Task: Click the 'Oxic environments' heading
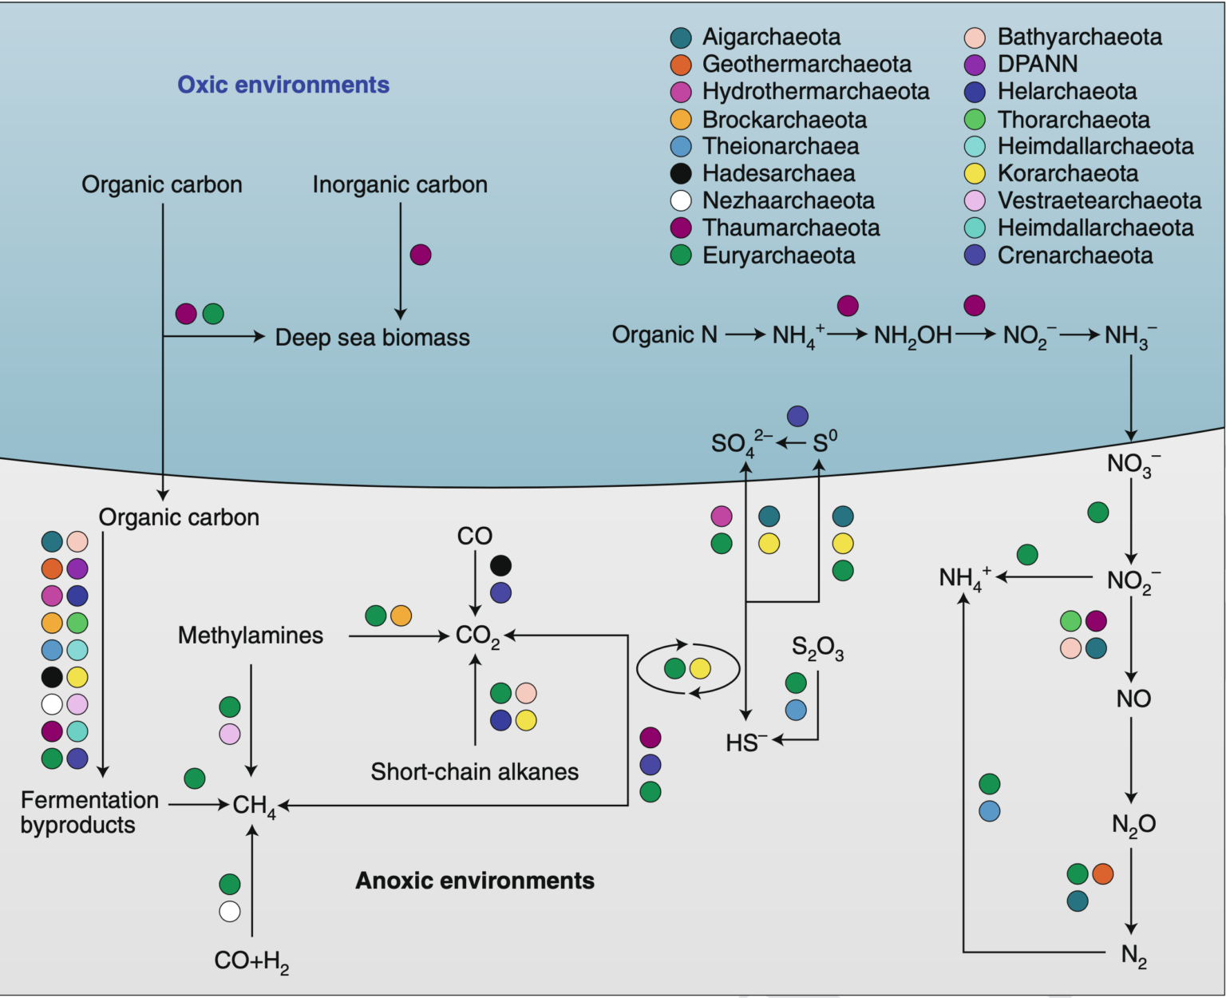283,85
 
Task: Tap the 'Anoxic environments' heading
474,881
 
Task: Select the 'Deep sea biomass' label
372,338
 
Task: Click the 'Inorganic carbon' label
400,184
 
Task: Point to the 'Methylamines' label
251,636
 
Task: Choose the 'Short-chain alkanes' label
474,772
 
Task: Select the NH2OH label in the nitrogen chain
912,335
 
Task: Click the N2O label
1133,824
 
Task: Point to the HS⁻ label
745,743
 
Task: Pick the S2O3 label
817,648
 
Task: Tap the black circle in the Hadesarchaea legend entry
681,174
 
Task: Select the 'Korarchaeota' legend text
1067,174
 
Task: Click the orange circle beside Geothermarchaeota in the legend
681,65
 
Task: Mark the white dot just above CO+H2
230,911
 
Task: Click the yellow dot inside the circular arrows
700,668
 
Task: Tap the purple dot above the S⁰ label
797,416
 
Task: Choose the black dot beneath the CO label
500,566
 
